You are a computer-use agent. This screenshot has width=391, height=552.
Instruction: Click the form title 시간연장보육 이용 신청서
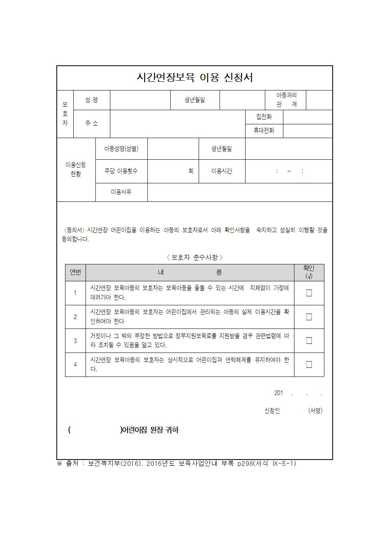pyautogui.click(x=195, y=78)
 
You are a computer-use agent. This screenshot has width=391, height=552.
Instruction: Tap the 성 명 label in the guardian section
pyautogui.click(x=91, y=100)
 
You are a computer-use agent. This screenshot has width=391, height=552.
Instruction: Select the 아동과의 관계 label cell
pyautogui.click(x=286, y=100)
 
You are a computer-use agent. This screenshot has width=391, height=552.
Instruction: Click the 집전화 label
pyautogui.click(x=264, y=117)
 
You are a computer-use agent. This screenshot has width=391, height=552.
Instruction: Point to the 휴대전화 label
pyautogui.click(x=264, y=131)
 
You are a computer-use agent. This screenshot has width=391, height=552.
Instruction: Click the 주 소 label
pyautogui.click(x=91, y=124)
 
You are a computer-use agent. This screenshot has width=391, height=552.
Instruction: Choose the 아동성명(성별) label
pyautogui.click(x=121, y=149)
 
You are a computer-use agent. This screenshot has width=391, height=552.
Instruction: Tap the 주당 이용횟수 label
pyautogui.click(x=121, y=171)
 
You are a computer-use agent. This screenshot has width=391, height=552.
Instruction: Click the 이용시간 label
pyautogui.click(x=222, y=171)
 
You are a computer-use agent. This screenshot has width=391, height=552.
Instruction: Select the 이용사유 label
pyautogui.click(x=121, y=192)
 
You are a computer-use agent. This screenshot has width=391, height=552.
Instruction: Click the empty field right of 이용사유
pyautogui.click(x=240, y=192)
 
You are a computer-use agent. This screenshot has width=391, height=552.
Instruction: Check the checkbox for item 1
pyautogui.click(x=309, y=293)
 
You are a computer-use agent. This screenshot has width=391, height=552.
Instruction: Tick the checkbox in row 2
pyautogui.click(x=309, y=317)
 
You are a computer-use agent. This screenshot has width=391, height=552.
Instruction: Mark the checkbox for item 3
pyautogui.click(x=309, y=341)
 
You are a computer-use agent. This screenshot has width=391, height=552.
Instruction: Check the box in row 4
pyautogui.click(x=309, y=365)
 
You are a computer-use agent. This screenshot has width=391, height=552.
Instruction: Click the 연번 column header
pyautogui.click(x=75, y=272)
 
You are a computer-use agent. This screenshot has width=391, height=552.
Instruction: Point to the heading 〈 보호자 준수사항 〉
pyautogui.click(x=195, y=257)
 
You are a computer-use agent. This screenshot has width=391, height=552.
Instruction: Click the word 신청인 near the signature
pyautogui.click(x=272, y=411)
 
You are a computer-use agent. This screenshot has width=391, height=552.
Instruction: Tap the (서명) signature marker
pyautogui.click(x=315, y=411)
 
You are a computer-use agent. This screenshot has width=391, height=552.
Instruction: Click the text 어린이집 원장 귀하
pyautogui.click(x=150, y=430)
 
